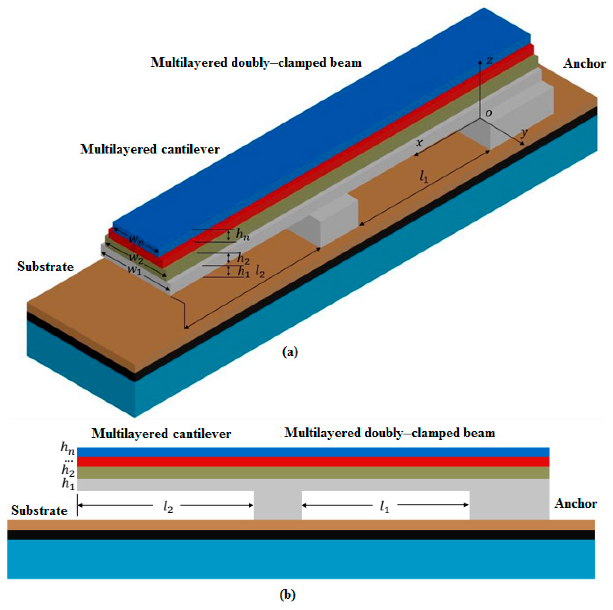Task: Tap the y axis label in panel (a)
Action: tap(524, 133)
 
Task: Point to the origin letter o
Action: tap(489, 113)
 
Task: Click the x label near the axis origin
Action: tap(419, 143)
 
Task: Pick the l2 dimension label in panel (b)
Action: tap(168, 508)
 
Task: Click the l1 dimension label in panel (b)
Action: tap(385, 508)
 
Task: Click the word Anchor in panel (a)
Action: tap(584, 64)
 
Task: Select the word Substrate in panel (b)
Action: tap(39, 511)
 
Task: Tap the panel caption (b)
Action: tap(288, 594)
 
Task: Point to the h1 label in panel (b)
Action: tap(68, 484)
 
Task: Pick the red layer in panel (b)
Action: tap(313, 462)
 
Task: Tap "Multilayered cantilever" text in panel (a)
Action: tap(150, 149)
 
